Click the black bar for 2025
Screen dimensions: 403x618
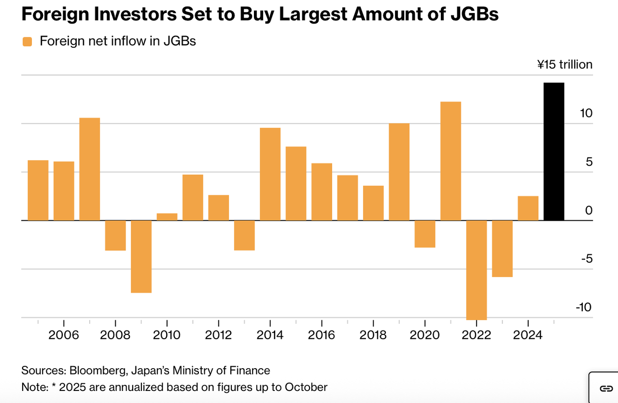[554, 152]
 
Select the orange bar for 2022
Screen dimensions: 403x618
[477, 270]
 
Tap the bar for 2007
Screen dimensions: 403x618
[90, 169]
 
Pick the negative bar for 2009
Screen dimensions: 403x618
[141, 256]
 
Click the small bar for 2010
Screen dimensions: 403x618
[167, 217]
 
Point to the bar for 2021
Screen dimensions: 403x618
[450, 161]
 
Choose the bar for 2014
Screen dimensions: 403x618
[270, 174]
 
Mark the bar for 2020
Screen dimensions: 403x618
[425, 234]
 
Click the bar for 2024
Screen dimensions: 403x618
[528, 208]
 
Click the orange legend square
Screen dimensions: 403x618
[27, 42]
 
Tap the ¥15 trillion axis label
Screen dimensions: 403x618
[564, 64]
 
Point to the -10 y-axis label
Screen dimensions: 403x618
[583, 307]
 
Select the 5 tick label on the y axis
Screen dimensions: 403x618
[589, 162]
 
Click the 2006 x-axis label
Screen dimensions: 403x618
[64, 334]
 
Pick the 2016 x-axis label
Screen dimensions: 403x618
[322, 334]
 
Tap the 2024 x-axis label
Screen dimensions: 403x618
[528, 334]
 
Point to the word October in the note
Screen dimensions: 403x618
[306, 387]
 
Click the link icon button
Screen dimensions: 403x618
[605, 388]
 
